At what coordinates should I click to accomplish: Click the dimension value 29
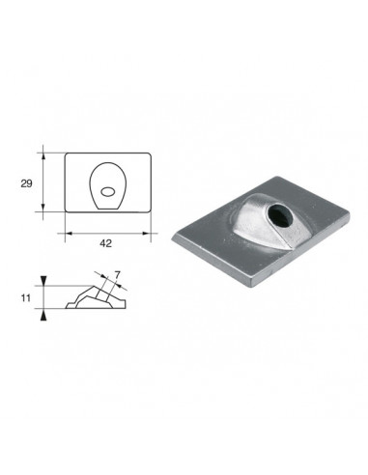(x=26, y=183)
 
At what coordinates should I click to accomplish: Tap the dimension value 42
(x=105, y=243)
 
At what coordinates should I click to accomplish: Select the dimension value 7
(x=117, y=275)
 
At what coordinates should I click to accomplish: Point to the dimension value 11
(x=26, y=298)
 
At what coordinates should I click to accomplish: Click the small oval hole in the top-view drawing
(x=107, y=191)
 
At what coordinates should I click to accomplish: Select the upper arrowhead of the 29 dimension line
(x=43, y=157)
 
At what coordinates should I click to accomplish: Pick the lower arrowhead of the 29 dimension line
(x=43, y=208)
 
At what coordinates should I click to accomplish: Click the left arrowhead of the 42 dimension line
(x=70, y=233)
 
